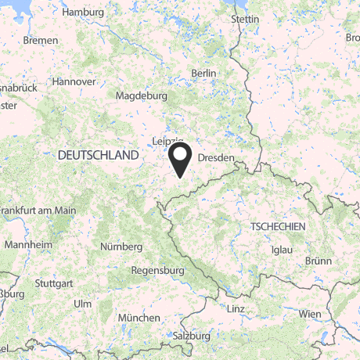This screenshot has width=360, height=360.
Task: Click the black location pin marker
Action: [181, 159]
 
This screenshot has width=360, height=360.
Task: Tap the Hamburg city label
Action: [82, 13]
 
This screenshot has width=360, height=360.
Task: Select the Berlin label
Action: [203, 73]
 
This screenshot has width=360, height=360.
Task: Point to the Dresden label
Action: [215, 157]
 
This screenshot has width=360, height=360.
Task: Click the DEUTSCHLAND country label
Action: [98, 156]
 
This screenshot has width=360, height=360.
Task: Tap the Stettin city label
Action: [245, 18]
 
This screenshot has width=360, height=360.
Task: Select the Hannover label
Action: [74, 81]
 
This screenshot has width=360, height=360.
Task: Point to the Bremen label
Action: [41, 39]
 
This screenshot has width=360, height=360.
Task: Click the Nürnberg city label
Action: [121, 247]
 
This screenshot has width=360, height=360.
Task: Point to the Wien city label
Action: [310, 313]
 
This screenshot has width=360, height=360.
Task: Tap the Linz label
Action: [236, 309]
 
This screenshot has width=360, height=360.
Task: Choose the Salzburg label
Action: [192, 335]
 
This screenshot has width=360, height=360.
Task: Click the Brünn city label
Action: [319, 261]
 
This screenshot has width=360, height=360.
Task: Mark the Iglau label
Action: [279, 249]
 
